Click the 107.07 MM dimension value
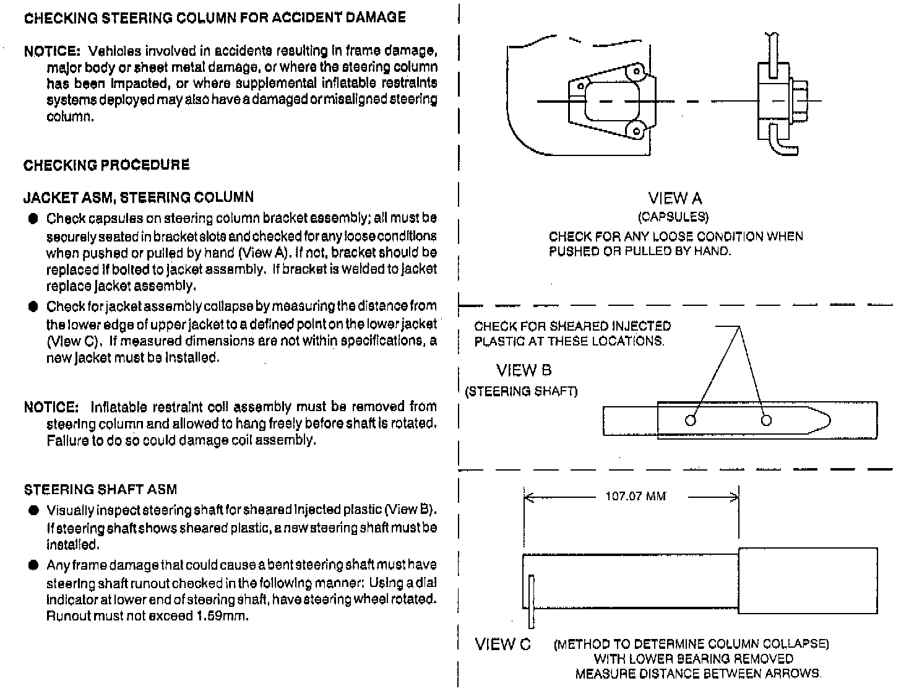(x=635, y=497)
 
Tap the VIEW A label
(x=675, y=199)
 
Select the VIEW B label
(x=524, y=371)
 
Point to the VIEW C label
(x=502, y=645)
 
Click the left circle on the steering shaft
(x=691, y=421)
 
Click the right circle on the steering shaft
(x=766, y=421)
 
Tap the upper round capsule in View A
(x=634, y=72)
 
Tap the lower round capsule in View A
(x=634, y=131)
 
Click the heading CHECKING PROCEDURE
(x=106, y=165)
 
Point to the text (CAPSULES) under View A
(x=673, y=217)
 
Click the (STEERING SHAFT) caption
(x=521, y=391)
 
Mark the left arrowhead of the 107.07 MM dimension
(x=527, y=497)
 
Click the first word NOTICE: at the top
(x=52, y=51)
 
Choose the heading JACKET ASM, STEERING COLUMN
(x=139, y=198)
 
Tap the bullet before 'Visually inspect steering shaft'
(x=33, y=511)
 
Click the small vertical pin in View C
(x=531, y=601)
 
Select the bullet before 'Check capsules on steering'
(x=33, y=219)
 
